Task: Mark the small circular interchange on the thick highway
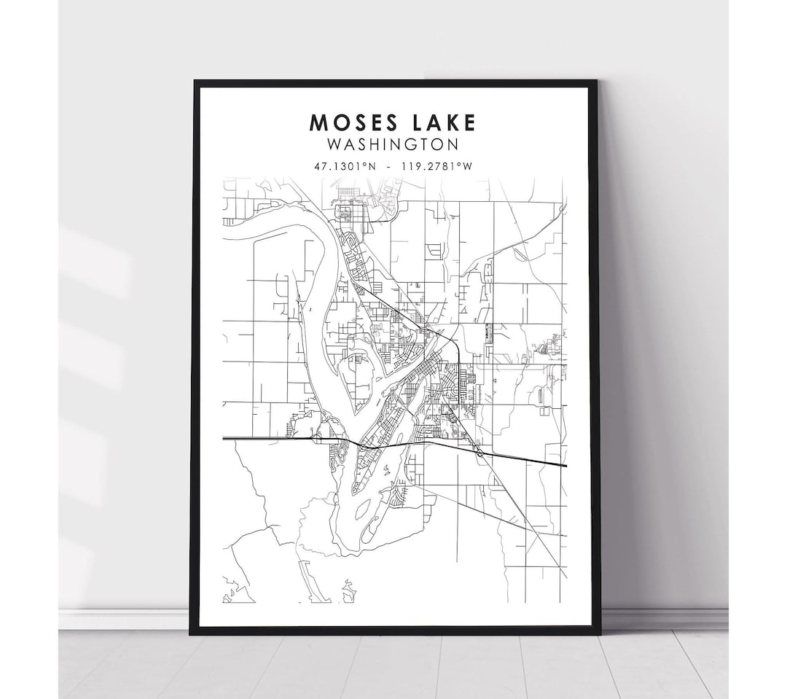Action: [x=479, y=453]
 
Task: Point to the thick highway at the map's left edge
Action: [x=224, y=439]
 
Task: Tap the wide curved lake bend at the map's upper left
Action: [x=291, y=226]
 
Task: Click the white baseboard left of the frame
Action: [x=124, y=620]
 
